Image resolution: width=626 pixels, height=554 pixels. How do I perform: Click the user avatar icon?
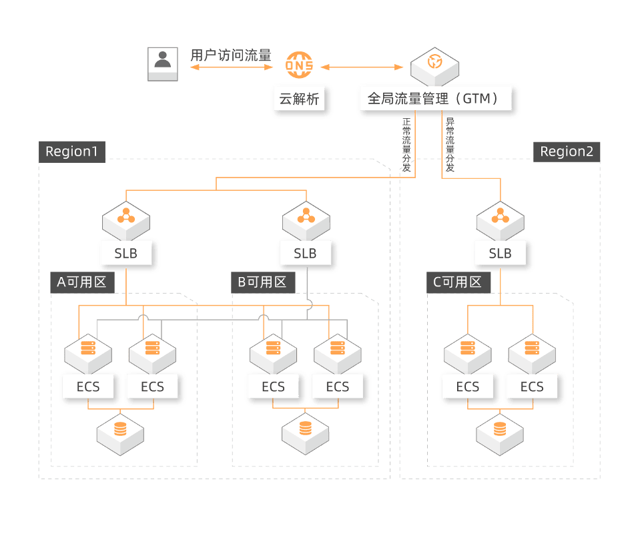pyautogui.click(x=162, y=64)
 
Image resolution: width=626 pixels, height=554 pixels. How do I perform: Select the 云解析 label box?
pyautogui.click(x=299, y=100)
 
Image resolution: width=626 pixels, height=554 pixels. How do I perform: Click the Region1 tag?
pyautogui.click(x=71, y=152)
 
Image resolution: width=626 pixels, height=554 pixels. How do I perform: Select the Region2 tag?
pyautogui.click(x=566, y=152)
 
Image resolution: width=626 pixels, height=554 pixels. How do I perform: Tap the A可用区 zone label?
pyautogui.click(x=81, y=282)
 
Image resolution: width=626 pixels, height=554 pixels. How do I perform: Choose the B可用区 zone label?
pyautogui.click(x=262, y=282)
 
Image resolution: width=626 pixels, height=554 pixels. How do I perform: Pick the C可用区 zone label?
pyautogui.click(x=457, y=282)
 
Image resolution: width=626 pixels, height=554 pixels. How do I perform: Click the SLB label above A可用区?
pyautogui.click(x=126, y=254)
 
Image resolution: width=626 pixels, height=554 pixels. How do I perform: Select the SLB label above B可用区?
pyautogui.click(x=306, y=254)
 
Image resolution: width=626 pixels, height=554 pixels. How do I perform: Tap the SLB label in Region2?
pyautogui.click(x=500, y=254)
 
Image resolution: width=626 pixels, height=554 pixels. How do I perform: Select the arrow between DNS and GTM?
pyautogui.click(x=364, y=67)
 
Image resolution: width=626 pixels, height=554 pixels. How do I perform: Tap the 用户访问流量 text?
pyautogui.click(x=231, y=55)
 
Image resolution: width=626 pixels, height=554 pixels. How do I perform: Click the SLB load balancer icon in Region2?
pyautogui.click(x=500, y=218)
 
